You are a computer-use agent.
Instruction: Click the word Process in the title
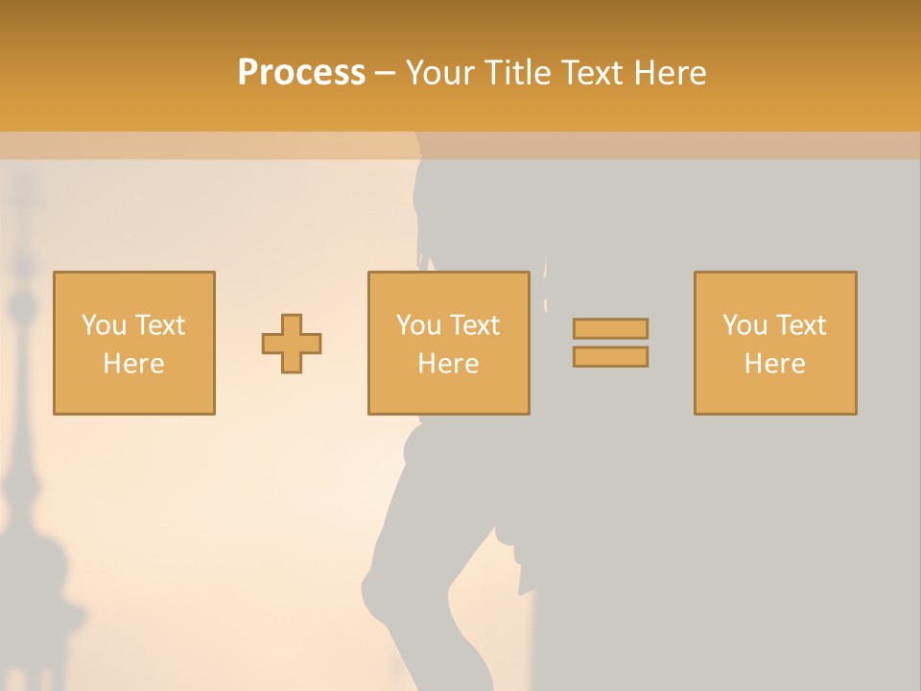pyautogui.click(x=301, y=73)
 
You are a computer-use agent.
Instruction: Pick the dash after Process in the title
pyautogui.click(x=386, y=74)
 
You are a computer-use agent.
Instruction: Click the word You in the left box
pyautogui.click(x=104, y=325)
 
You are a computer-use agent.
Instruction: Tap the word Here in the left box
pyautogui.click(x=133, y=364)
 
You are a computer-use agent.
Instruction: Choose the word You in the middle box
pyautogui.click(x=418, y=325)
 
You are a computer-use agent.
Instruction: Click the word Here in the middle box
pyautogui.click(x=448, y=364)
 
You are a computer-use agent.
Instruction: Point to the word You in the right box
pyautogui.click(x=744, y=325)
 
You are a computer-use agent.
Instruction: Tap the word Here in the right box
pyautogui.click(x=774, y=364)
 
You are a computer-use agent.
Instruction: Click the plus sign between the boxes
pyautogui.click(x=292, y=344)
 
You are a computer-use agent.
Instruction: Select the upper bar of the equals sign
pyautogui.click(x=610, y=328)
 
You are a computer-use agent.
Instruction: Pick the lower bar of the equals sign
pyautogui.click(x=610, y=357)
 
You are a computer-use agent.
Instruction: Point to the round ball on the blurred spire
pyautogui.click(x=21, y=307)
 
